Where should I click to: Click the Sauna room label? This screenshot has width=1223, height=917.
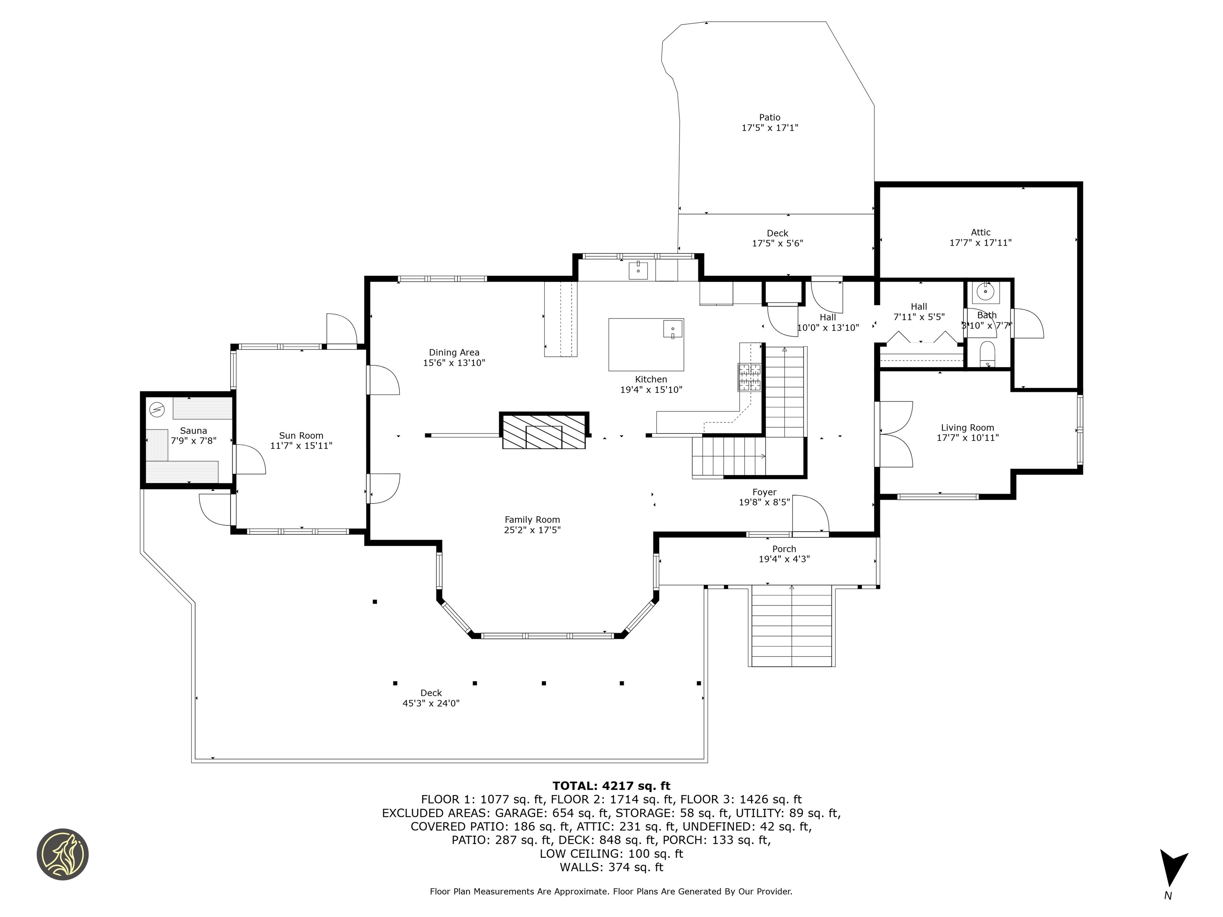tap(193, 431)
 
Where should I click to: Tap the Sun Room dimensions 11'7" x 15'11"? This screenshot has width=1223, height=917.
tap(301, 445)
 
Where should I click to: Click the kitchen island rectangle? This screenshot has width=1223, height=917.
tap(645, 344)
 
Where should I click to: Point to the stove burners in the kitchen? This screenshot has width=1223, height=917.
tap(749, 378)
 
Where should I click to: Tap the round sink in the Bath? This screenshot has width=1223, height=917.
tap(985, 291)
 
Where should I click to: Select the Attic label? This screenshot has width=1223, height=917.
tap(980, 232)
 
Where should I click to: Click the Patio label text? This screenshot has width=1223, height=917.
tap(769, 117)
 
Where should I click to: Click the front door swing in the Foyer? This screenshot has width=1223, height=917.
tap(811, 515)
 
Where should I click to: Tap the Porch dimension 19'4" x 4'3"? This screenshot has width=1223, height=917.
tap(783, 559)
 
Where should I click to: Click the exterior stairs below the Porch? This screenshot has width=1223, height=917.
tap(792, 627)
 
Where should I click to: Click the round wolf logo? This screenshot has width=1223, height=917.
tap(63, 854)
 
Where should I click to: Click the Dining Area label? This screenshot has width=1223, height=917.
tap(454, 353)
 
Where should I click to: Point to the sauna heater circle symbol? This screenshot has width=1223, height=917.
tap(157, 410)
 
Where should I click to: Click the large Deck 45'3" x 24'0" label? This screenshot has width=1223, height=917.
tap(431, 698)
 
